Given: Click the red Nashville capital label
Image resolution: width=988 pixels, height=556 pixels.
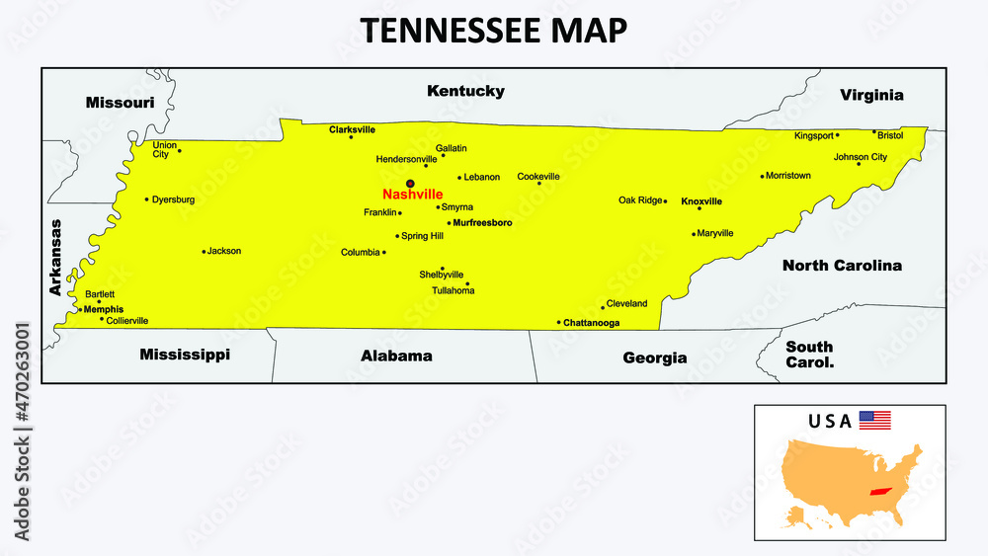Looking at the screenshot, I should click(x=412, y=195).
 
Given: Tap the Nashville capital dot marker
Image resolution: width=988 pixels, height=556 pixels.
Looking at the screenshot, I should click(x=410, y=183).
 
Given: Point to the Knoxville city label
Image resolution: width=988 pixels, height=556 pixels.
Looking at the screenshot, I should click(x=701, y=200).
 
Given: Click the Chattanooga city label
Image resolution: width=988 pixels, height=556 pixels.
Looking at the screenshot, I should click(x=592, y=323).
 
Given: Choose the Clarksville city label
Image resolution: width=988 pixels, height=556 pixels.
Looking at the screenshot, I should click(x=352, y=128).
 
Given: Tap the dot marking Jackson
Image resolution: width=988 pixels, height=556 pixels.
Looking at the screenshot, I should click(x=204, y=252).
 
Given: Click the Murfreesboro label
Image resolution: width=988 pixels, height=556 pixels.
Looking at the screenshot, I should click(x=482, y=223).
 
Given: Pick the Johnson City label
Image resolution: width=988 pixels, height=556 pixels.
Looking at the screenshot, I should click(x=861, y=157).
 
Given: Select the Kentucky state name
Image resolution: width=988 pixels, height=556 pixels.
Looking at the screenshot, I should click(x=465, y=91).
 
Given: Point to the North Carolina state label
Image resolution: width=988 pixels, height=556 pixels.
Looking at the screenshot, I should click(x=842, y=265).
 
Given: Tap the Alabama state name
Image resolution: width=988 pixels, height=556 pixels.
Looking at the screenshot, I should click(x=396, y=356).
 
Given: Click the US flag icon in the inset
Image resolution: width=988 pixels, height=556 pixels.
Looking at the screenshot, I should click(x=874, y=420).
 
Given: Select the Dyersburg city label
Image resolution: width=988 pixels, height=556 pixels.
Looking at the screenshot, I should click(x=174, y=199).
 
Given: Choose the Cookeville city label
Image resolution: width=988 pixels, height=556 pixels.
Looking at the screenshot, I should click(x=538, y=177).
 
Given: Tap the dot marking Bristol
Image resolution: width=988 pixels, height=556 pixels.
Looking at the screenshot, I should click(x=873, y=131).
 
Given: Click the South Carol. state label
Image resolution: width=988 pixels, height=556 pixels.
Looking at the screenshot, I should click(x=809, y=355).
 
